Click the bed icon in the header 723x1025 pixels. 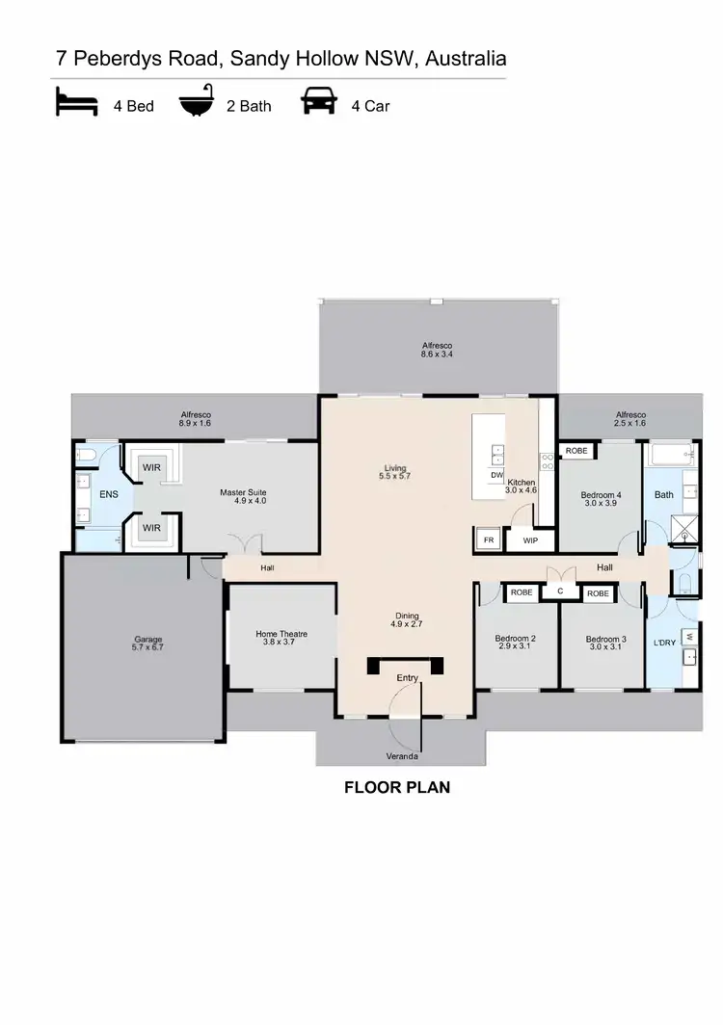click(75, 103)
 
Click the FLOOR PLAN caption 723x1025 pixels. click(397, 787)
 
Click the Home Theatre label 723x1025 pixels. click(281, 638)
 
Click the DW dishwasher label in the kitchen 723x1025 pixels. click(497, 475)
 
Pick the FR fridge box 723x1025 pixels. click(489, 540)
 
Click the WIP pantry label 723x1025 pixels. click(529, 540)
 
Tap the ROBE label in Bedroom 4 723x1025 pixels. click(576, 451)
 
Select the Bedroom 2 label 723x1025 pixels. click(515, 643)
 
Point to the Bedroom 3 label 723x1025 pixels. click(606, 643)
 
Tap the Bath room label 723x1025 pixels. click(664, 495)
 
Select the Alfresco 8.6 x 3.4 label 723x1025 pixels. click(437, 350)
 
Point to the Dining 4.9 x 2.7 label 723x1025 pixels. click(407, 619)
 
